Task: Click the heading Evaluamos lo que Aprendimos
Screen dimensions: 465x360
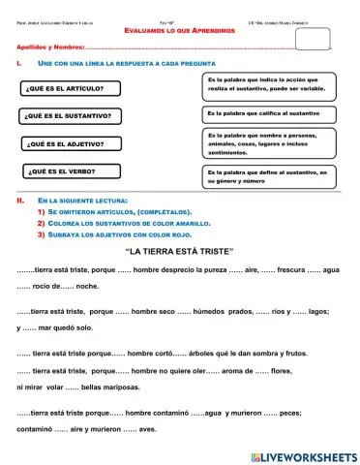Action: tap(179, 31)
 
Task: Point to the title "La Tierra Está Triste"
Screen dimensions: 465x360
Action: tap(180, 251)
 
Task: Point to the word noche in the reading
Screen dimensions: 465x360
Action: tap(87, 287)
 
